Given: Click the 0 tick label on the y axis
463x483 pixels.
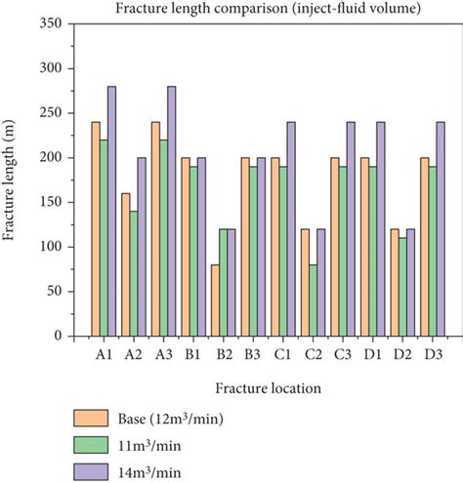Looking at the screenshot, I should tap(57, 336).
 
